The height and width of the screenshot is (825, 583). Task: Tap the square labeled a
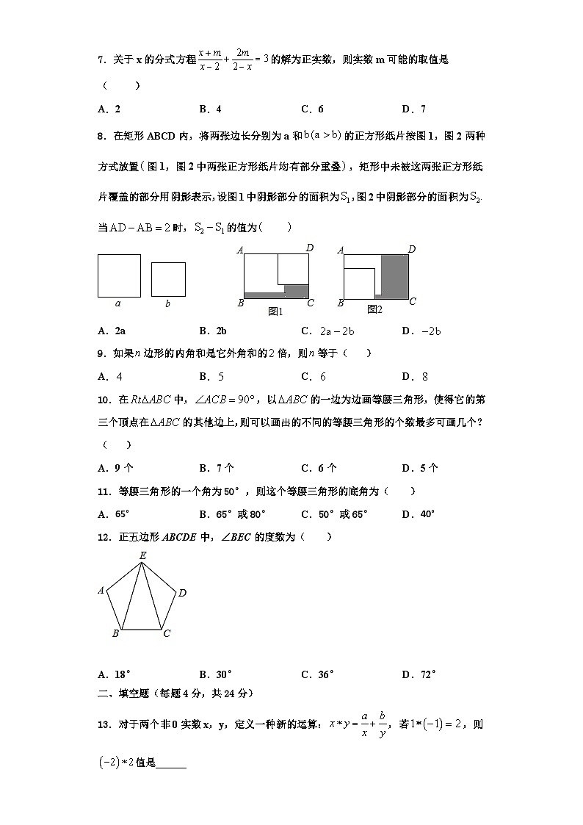pos(119,275)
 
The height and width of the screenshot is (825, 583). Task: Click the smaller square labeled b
pos(168,279)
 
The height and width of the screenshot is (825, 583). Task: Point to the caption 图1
pos(276,311)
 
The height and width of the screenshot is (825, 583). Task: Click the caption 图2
pos(374,309)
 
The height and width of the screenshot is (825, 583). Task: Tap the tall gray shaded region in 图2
pos(394,275)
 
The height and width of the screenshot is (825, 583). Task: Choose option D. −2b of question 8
pos(421,331)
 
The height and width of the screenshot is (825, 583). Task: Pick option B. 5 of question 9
pos(211,377)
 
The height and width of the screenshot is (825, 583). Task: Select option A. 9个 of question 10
pos(115,468)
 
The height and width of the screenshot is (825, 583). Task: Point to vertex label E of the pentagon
pos(142,556)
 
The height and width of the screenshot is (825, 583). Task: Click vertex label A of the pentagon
pos(101,590)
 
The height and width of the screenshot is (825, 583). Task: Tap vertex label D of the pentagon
pos(182,593)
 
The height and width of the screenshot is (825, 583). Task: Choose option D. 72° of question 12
pos(419,674)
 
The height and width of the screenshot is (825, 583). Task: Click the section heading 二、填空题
pos(126,693)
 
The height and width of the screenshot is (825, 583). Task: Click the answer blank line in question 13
pos(171,765)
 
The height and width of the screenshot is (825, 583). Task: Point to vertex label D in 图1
pos(310,248)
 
